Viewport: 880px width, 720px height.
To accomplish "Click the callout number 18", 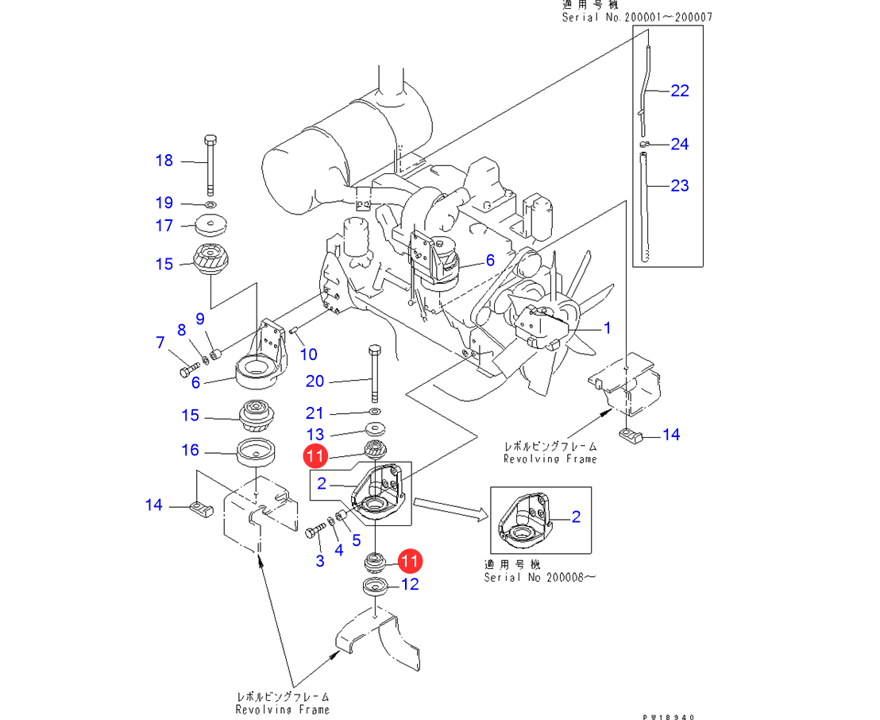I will point(164,161).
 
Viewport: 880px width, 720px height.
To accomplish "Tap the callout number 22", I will point(680,91).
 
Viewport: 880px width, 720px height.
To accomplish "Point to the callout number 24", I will point(680,144).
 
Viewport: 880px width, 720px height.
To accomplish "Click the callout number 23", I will point(680,186).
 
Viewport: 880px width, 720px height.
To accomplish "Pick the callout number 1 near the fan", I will point(608,327).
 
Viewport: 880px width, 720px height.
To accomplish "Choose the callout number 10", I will point(308,354).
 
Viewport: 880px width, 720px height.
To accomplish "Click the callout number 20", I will point(315,381).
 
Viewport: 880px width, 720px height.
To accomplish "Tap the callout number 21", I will point(315,413).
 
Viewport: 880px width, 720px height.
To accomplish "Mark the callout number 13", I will point(315,434).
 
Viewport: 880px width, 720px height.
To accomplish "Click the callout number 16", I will point(190,451).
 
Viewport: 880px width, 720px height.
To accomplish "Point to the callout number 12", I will point(410,586).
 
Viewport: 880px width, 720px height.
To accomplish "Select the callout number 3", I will point(320,561).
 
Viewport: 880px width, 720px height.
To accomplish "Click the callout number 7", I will point(160,343).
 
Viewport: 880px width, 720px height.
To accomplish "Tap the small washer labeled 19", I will point(210,204).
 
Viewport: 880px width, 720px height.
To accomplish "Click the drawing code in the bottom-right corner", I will point(669,717).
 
